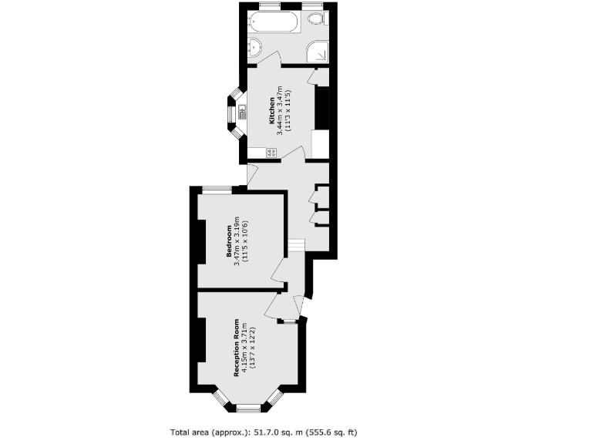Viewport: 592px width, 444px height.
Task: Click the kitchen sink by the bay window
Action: [241, 112]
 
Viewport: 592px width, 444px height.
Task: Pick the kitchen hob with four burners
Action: [272, 153]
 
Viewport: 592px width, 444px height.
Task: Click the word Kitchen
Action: [271, 111]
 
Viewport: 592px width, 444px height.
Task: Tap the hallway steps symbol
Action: [297, 245]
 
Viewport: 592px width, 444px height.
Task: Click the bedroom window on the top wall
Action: [217, 189]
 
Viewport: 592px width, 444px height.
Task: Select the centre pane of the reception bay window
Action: [247, 406]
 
